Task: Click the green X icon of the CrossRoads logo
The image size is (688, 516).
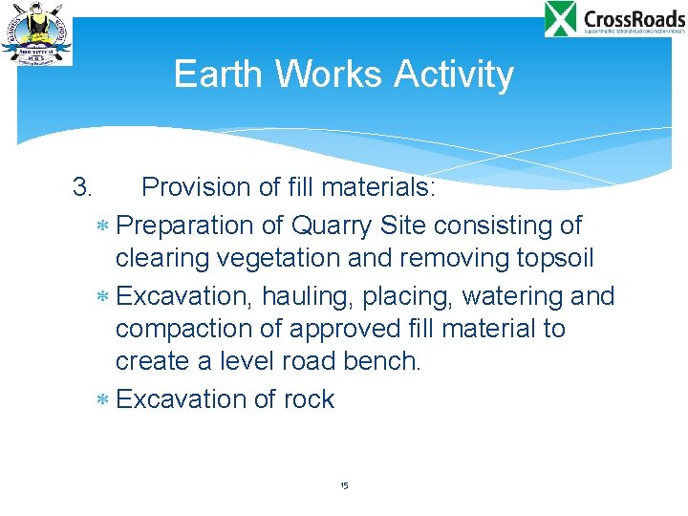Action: click(x=561, y=19)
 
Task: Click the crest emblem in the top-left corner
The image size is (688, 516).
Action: click(x=36, y=33)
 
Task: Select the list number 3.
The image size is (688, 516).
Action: click(x=82, y=186)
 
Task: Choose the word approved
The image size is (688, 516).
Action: click(x=351, y=329)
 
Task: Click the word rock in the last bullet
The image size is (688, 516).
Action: click(x=309, y=398)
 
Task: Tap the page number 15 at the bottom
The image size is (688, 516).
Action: click(x=344, y=486)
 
